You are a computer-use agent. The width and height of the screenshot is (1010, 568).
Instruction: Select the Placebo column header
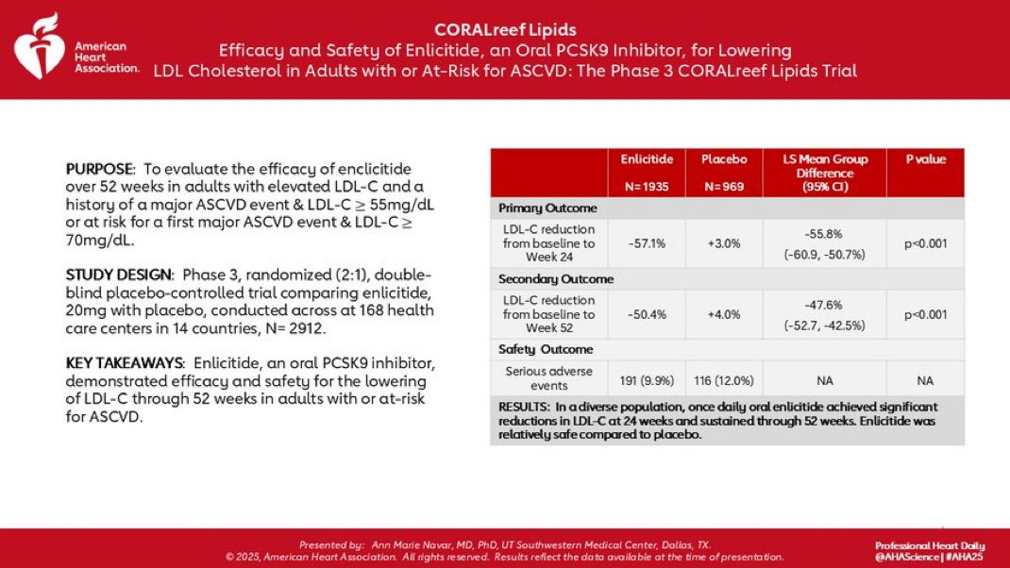(724, 159)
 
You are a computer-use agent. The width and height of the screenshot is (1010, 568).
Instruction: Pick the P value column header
(925, 159)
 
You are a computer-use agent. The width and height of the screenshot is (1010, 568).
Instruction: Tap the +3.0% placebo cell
(724, 242)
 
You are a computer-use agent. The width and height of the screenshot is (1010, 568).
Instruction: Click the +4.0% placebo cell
(724, 314)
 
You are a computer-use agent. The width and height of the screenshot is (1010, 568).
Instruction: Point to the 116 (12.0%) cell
(724, 377)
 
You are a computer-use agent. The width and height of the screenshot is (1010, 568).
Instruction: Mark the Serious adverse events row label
(548, 377)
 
